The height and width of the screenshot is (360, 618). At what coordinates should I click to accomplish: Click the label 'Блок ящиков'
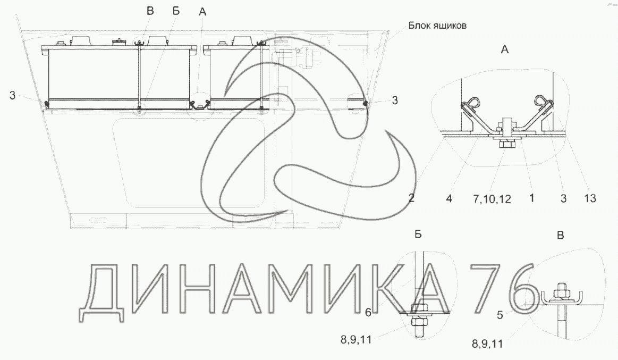tap(437, 26)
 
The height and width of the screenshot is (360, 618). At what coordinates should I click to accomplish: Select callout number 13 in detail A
tap(590, 198)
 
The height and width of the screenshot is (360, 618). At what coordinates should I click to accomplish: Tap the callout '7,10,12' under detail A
tap(492, 199)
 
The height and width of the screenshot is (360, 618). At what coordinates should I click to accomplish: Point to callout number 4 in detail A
tap(449, 198)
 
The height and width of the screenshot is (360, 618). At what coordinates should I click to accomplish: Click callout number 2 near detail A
tap(411, 197)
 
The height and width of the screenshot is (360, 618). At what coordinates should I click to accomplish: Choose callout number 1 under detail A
tap(531, 197)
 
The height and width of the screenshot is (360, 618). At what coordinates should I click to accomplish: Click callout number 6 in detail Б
tap(368, 313)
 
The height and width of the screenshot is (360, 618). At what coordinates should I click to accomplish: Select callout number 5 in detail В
tap(500, 315)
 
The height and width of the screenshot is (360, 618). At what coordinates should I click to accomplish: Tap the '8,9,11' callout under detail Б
tap(356, 339)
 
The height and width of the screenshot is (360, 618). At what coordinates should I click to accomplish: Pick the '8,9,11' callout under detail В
tap(487, 344)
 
